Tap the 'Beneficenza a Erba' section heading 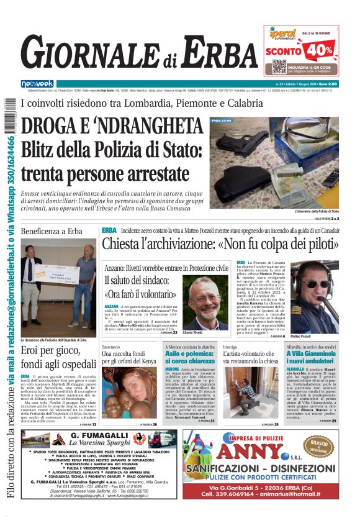52,231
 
